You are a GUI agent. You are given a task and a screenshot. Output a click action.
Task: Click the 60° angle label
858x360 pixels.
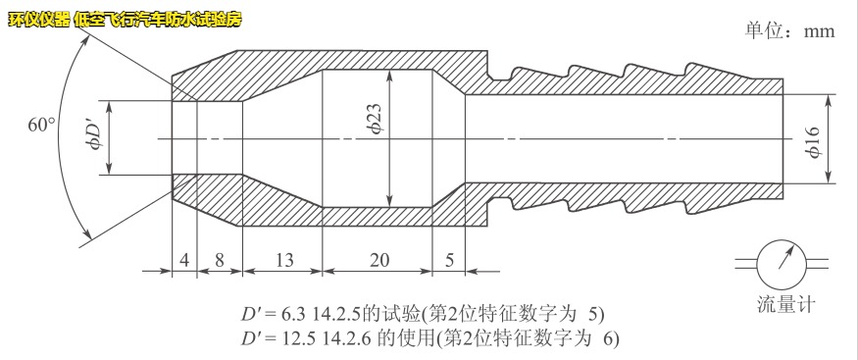coord(41,126)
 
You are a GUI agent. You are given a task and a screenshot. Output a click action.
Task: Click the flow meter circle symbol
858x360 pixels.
coord(782,260)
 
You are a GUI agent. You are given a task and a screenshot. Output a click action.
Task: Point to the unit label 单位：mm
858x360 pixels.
coord(789,30)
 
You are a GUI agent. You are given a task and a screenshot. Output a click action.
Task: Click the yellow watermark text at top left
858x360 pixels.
coord(124,20)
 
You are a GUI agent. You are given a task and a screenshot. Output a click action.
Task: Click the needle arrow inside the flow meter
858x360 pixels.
coord(784,257)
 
